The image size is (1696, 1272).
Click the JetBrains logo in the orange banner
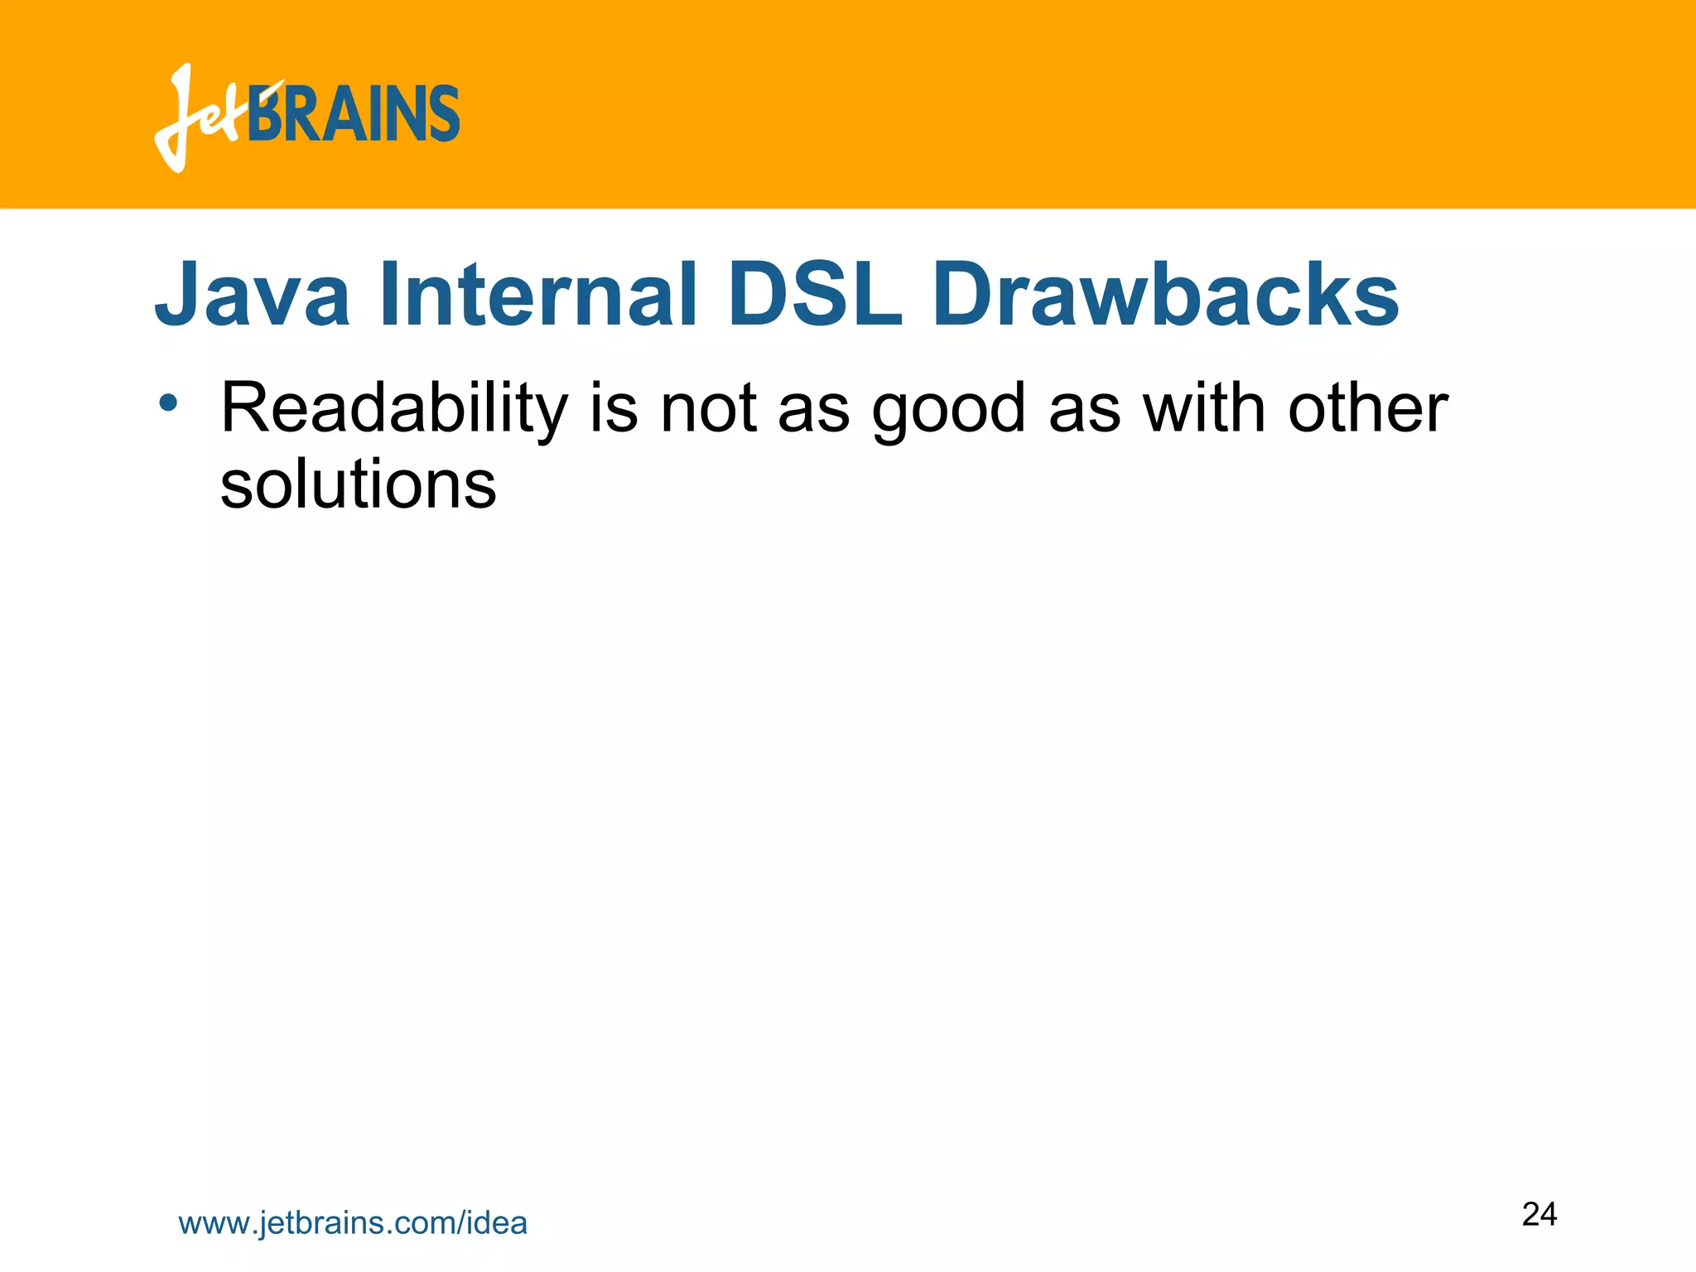[307, 116]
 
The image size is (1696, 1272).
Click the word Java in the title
[253, 295]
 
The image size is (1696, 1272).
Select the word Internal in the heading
[538, 295]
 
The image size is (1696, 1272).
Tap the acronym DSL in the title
[815, 295]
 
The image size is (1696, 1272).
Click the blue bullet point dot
[169, 403]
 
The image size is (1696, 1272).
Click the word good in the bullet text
[949, 410]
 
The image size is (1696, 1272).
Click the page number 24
[1539, 1214]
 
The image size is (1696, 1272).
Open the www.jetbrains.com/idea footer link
[353, 1223]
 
